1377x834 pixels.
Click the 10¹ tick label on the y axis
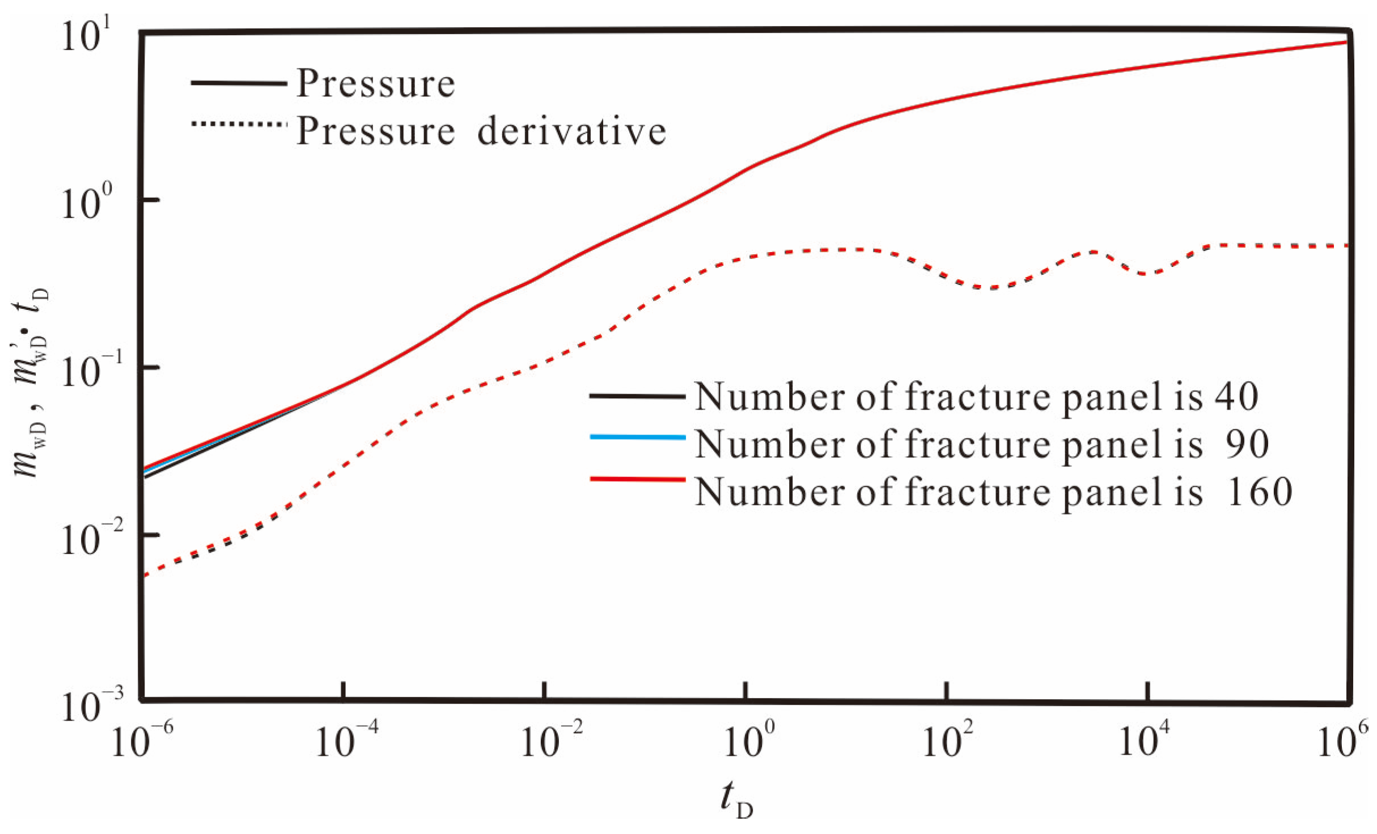pos(88,35)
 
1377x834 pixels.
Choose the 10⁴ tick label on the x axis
pos(1145,741)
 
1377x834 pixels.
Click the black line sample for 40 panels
pos(637,396)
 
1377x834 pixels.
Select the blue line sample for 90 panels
pos(637,437)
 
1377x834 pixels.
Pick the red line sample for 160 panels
pos(637,480)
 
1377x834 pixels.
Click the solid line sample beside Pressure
pos(239,83)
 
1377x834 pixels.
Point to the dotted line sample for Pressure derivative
pos(239,124)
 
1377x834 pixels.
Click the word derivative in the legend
pos(571,131)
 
